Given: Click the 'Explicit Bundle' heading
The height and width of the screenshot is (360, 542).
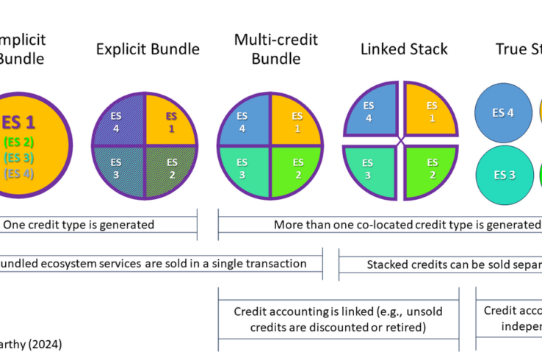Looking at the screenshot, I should (x=148, y=49).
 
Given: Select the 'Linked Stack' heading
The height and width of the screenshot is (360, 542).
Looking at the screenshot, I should (x=404, y=49).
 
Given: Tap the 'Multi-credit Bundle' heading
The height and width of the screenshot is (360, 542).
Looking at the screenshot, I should (x=271, y=48).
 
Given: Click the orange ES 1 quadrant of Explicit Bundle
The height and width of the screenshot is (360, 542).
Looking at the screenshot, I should (x=172, y=121).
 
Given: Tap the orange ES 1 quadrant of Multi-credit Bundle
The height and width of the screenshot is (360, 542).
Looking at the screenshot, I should (x=296, y=121).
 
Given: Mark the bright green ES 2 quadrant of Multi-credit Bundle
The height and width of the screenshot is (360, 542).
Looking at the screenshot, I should (x=296, y=169).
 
